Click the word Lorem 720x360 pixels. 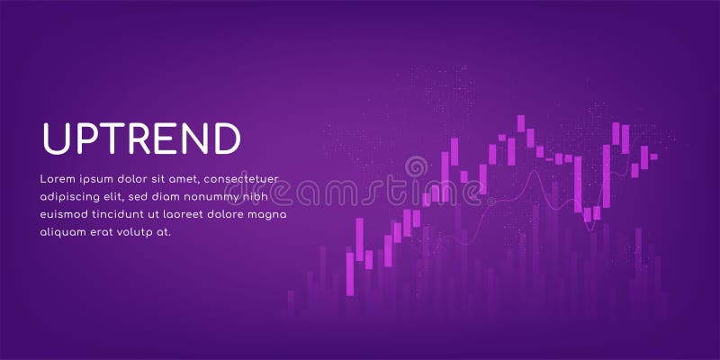[x=58, y=177]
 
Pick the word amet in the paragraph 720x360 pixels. [x=202, y=177]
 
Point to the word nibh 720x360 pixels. [x=256, y=196]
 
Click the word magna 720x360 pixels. [x=266, y=214]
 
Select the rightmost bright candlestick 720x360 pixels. [x=653, y=157]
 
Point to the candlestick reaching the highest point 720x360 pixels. [x=521, y=126]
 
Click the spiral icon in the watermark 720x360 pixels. [x=416, y=167]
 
